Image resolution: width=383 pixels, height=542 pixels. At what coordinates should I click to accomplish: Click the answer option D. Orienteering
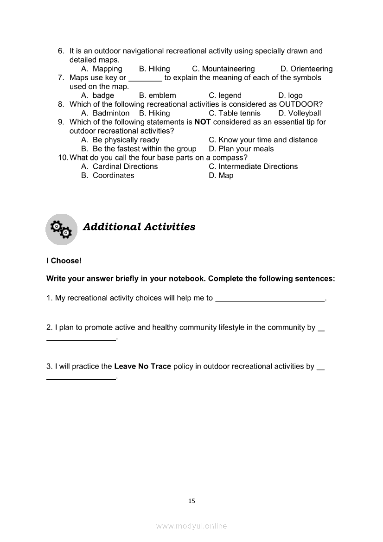pyautogui.click(x=306, y=69)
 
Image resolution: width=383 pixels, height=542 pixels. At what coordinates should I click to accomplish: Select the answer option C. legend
pyautogui.click(x=225, y=96)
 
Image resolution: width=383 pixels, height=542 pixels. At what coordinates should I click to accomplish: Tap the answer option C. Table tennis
pyautogui.click(x=235, y=113)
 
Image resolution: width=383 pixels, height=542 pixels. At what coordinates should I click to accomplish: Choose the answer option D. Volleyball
pyautogui.click(x=300, y=113)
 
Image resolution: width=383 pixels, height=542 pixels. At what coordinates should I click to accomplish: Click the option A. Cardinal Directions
pyautogui.click(x=119, y=166)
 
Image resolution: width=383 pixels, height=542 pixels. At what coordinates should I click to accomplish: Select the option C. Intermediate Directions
pyautogui.click(x=253, y=166)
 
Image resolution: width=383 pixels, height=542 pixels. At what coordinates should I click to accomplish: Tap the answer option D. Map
pyautogui.click(x=221, y=175)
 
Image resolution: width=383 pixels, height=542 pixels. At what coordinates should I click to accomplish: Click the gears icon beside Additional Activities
pyautogui.click(x=61, y=229)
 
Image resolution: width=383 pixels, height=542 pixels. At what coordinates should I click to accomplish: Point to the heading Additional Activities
pyautogui.click(x=139, y=227)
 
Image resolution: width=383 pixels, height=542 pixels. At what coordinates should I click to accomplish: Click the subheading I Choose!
pyautogui.click(x=64, y=261)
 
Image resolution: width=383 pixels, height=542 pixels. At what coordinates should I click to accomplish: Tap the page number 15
pyautogui.click(x=192, y=501)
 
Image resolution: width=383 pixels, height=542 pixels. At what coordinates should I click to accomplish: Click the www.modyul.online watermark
pyautogui.click(x=191, y=526)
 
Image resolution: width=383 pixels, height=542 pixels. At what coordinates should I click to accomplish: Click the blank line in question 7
pyautogui.click(x=145, y=78)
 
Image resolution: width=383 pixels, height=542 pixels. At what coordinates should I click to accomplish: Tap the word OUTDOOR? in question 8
pyautogui.click(x=300, y=104)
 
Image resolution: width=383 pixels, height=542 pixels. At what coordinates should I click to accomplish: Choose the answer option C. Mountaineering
pyautogui.click(x=223, y=69)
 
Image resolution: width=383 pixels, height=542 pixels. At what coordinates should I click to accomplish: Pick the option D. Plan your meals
pyautogui.click(x=241, y=149)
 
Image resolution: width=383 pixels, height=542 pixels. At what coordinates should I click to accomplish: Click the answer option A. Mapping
pyautogui.click(x=102, y=69)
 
